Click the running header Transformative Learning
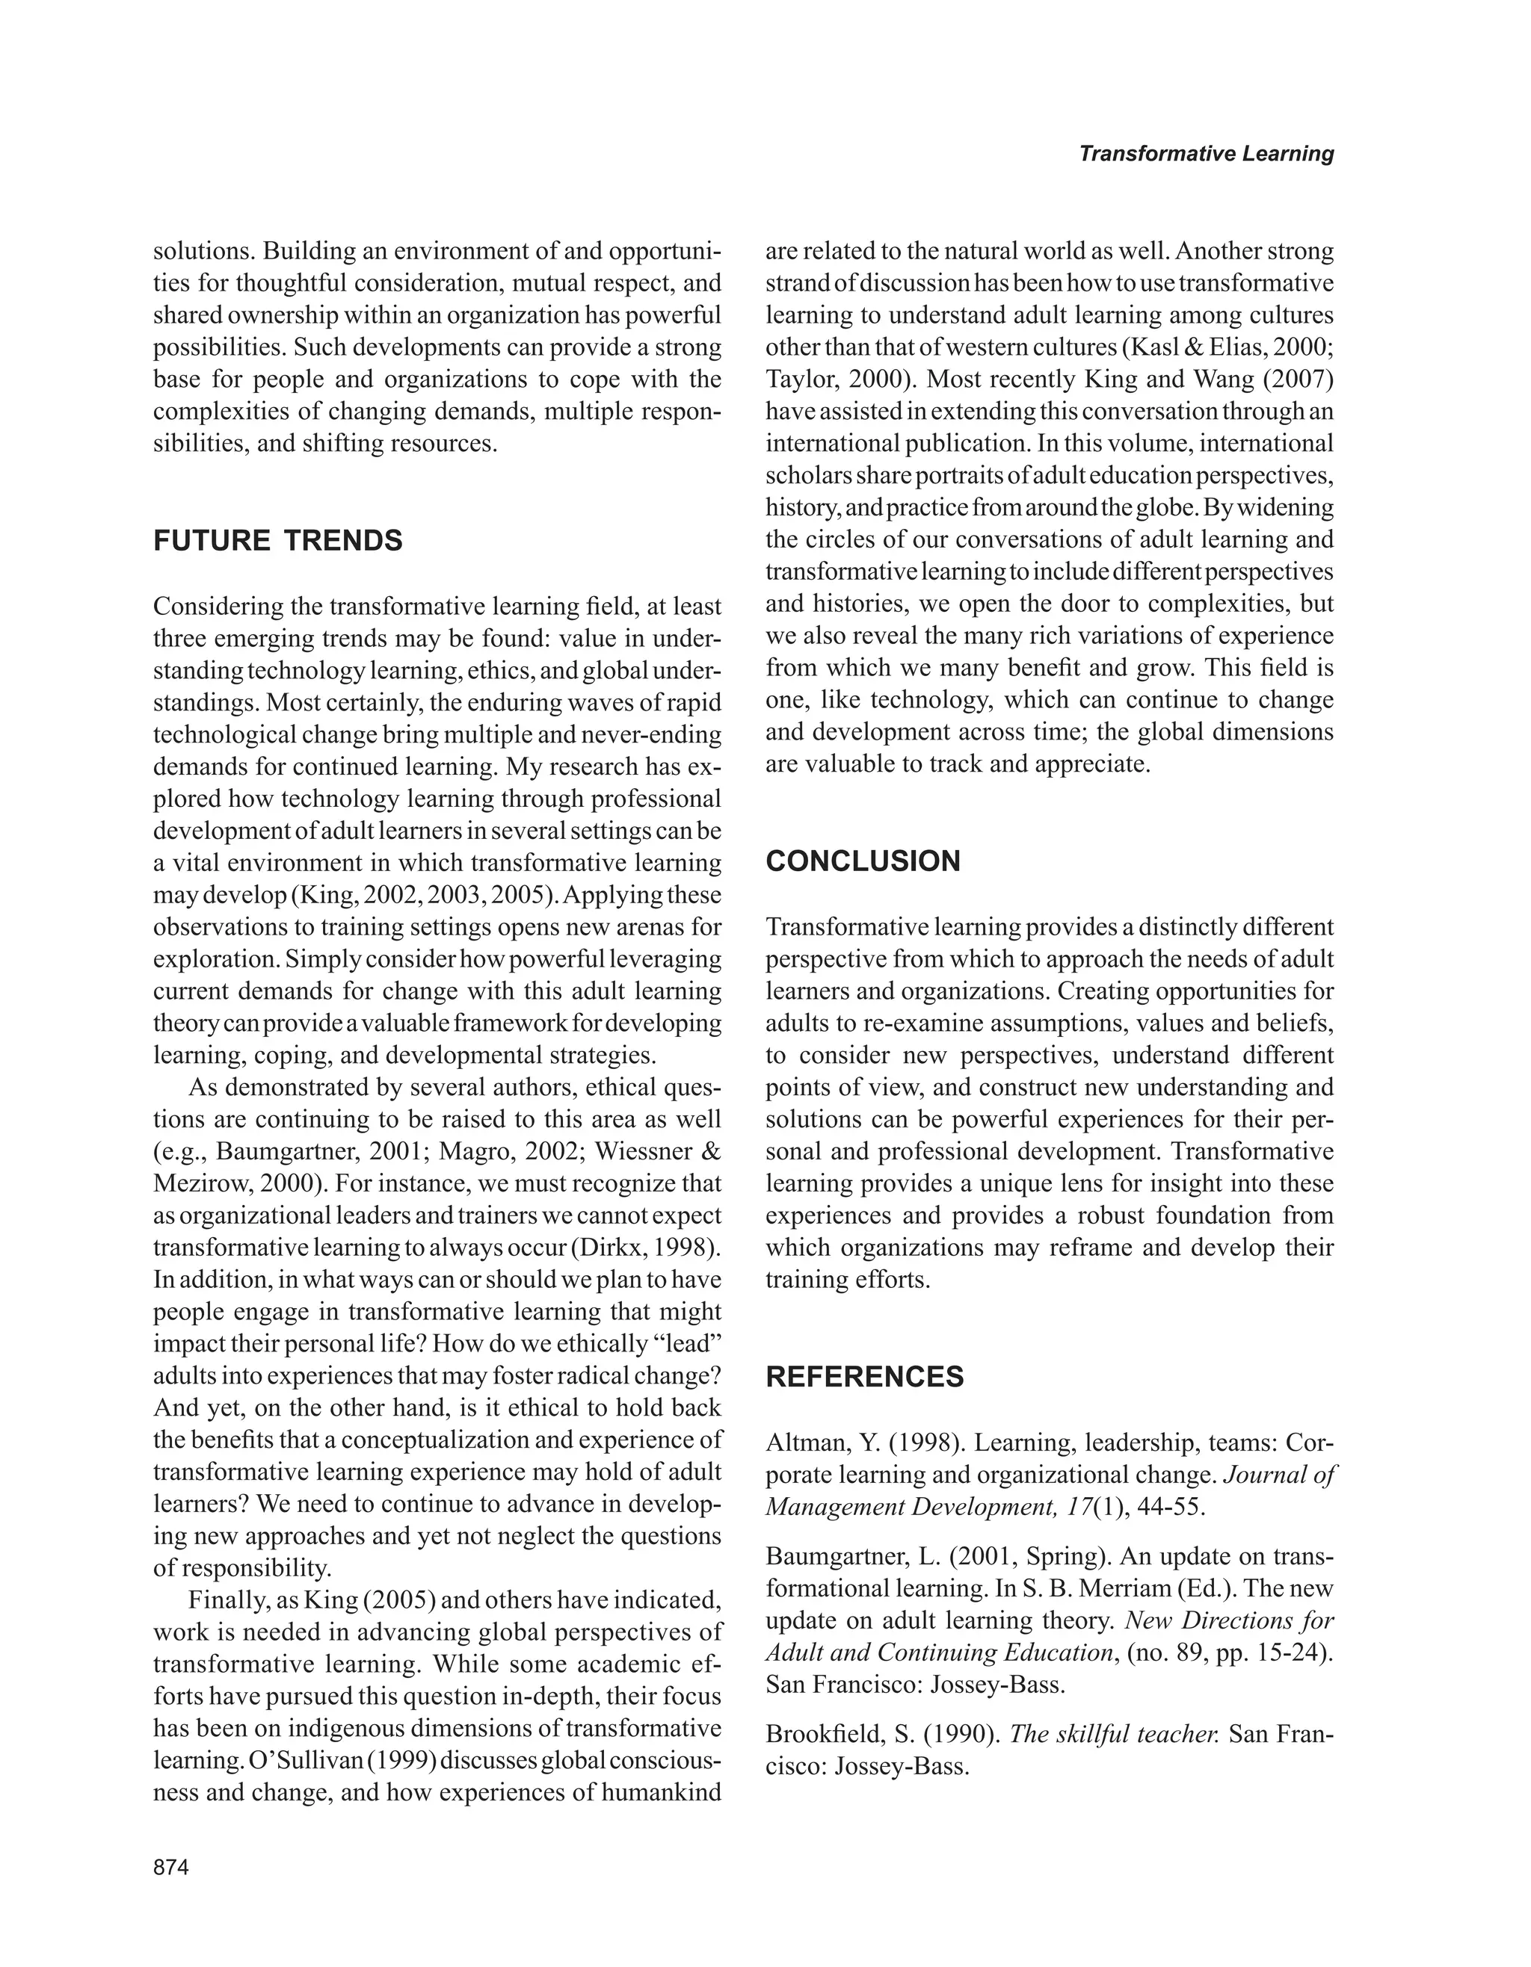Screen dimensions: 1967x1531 [1206, 154]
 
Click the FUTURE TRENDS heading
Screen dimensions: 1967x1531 [277, 542]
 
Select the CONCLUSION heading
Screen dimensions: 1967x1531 [863, 861]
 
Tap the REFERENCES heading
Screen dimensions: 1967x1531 [864, 1377]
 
